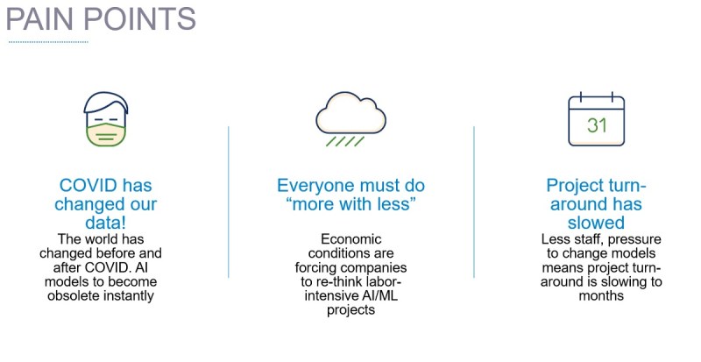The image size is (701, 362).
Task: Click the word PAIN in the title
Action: pos(39,18)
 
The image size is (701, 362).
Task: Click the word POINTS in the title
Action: pos(139,18)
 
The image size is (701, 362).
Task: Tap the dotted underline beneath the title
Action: pos(48,42)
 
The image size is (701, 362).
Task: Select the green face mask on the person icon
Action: pos(105,135)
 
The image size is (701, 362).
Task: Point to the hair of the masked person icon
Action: pos(106,102)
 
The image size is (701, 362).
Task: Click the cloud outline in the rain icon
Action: pos(351,113)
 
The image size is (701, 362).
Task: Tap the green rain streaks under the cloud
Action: pos(344,141)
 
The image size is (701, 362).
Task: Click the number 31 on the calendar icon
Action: pos(597,125)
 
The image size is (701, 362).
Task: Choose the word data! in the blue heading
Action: pos(105,223)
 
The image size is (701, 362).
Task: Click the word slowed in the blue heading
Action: pos(596,223)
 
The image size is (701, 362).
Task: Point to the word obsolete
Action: pos(75,295)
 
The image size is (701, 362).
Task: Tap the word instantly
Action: pos(130,296)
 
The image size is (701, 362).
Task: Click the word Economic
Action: pos(351,239)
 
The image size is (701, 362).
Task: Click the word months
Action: pos(601,295)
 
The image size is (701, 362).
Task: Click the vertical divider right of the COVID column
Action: pos(229,202)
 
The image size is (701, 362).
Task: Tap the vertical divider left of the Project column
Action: pos(474,202)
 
